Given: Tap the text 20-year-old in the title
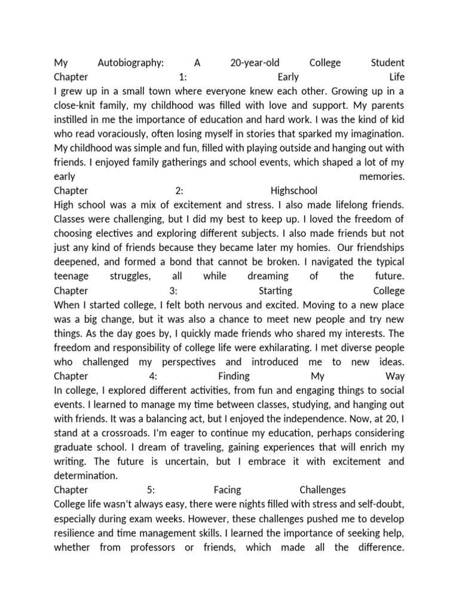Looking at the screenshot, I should (254, 63).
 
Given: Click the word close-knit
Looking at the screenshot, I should (78, 105).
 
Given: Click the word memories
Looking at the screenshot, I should (382, 177).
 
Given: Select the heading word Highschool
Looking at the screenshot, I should (294, 191).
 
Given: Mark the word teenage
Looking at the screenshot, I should (71, 277).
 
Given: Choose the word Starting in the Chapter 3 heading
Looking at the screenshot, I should (275, 291).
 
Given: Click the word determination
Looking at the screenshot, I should (85, 476).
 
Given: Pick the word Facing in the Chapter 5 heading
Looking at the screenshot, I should (227, 491).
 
